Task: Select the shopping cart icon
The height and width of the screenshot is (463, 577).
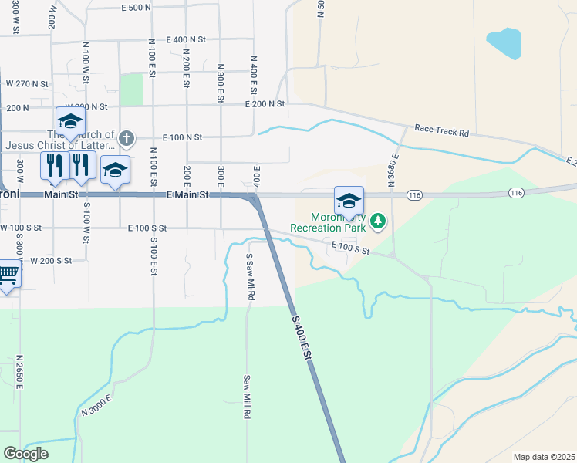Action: click(8, 274)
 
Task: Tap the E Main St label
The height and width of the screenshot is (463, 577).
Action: click(188, 195)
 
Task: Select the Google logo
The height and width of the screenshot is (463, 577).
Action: click(25, 454)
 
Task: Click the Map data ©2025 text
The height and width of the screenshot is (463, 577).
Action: click(544, 457)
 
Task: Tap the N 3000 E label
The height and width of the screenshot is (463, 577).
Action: click(98, 406)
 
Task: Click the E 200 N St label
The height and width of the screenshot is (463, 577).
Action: click(265, 103)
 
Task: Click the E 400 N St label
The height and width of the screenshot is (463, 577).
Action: click(186, 39)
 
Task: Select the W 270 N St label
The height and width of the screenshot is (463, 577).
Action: click(27, 83)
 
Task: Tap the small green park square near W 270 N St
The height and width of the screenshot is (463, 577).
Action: click(131, 89)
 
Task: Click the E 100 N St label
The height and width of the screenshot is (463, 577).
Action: click(182, 137)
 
